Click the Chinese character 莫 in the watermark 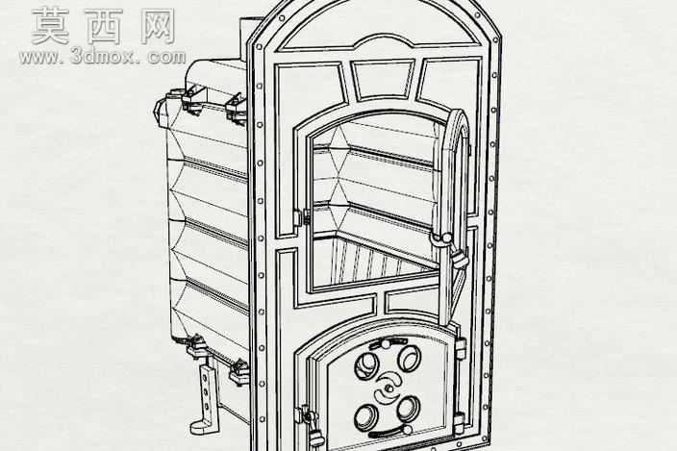51,26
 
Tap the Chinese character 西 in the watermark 105,26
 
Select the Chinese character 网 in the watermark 157,26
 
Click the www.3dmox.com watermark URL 102,57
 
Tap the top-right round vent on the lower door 409,358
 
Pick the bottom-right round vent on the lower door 409,409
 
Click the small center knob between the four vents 389,388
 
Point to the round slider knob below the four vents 406,430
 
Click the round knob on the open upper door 446,238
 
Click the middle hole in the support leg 206,392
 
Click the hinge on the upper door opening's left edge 301,217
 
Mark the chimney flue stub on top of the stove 251,38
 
